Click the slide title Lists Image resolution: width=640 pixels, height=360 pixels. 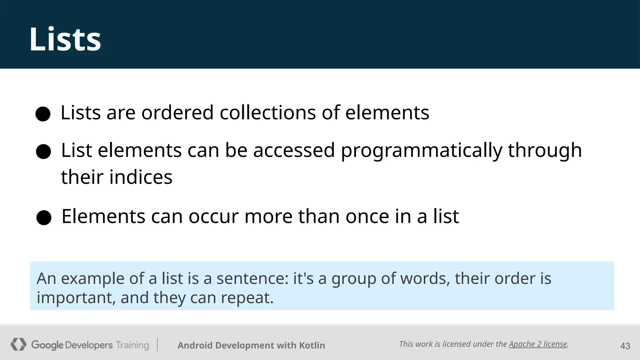(65, 39)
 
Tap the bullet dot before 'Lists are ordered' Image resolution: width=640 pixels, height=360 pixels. (43, 114)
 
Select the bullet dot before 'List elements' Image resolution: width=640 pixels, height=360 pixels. (43, 152)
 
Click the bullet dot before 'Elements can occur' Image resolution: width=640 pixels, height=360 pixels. (44, 217)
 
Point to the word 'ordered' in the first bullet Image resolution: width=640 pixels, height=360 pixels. (177, 112)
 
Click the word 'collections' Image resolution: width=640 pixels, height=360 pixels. (268, 112)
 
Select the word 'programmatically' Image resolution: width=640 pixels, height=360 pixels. (422, 151)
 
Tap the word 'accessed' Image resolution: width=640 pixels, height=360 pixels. (294, 151)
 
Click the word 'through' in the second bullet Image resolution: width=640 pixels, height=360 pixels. (545, 151)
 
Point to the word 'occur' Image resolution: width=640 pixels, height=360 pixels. (213, 216)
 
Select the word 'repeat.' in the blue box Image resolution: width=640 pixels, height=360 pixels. (247, 298)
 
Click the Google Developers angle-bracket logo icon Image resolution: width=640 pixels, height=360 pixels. (18, 344)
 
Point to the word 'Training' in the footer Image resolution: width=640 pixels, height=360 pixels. (132, 345)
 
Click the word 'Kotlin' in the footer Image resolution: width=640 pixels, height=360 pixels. (312, 345)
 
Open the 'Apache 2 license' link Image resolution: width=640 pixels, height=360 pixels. (538, 344)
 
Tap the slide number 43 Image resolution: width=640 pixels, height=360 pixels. (625, 346)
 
